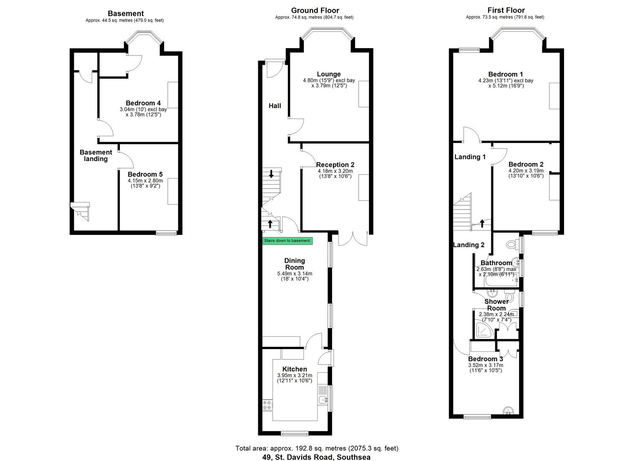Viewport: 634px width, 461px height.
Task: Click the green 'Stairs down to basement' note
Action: coord(287,241)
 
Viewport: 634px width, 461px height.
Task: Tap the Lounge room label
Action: coord(329,74)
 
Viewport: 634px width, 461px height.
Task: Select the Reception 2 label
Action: coord(335,165)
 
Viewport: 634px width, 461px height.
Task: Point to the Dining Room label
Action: coord(295,264)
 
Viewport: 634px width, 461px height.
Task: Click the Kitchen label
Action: coord(295,369)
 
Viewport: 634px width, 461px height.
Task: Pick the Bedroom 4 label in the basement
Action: coord(143,103)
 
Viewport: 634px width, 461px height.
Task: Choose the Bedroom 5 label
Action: coord(145,175)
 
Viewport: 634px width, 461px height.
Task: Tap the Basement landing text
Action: coord(96,155)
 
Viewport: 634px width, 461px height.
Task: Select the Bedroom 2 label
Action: coord(526,164)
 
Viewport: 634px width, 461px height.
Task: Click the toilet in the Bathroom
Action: coord(511,245)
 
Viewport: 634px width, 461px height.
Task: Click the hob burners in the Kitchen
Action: coord(268,405)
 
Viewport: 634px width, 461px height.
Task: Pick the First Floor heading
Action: coord(506,10)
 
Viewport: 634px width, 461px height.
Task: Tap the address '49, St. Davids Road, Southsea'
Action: coord(316,457)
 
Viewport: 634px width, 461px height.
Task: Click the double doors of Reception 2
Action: coord(353,238)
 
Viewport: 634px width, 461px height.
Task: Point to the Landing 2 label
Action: coord(469,245)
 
